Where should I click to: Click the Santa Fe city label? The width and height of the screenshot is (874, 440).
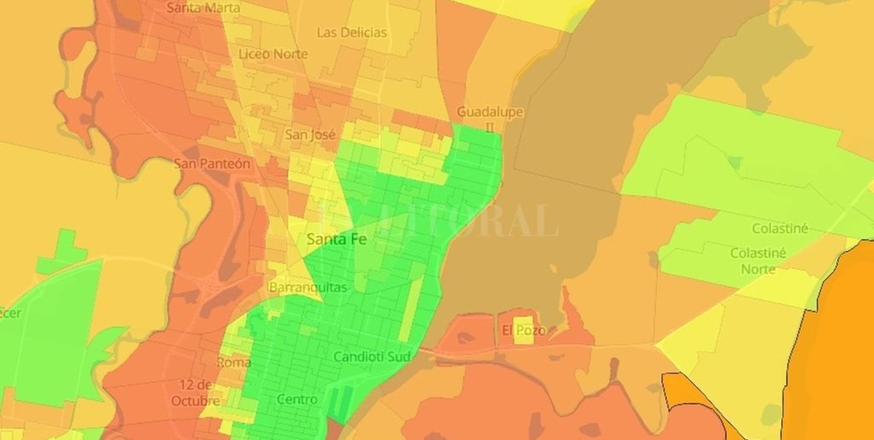tap(337, 239)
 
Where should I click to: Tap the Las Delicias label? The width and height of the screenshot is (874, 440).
tap(352, 32)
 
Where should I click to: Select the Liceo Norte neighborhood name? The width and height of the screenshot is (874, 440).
tap(273, 54)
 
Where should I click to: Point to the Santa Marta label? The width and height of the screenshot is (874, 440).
tap(203, 8)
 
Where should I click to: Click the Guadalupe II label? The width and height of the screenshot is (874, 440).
tap(489, 118)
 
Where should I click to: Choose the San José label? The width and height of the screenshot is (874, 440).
tap(310, 134)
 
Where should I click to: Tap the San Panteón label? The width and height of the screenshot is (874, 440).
tap(212, 164)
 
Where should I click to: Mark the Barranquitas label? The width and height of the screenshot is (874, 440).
tap(308, 288)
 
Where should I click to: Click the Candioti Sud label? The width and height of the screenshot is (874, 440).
tap(372, 357)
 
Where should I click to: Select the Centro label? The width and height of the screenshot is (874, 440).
tap(297, 400)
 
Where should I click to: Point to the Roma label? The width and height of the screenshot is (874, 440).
tap(233, 362)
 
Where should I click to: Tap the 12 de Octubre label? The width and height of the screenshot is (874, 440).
tap(196, 393)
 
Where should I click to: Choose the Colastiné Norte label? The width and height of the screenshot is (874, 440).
tap(758, 261)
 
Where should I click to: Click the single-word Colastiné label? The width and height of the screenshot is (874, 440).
tap(780, 229)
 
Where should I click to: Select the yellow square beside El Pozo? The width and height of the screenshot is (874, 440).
tap(524, 330)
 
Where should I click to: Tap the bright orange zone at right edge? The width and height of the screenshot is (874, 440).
tap(840, 349)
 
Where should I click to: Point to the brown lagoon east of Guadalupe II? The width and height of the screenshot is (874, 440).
tap(571, 134)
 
